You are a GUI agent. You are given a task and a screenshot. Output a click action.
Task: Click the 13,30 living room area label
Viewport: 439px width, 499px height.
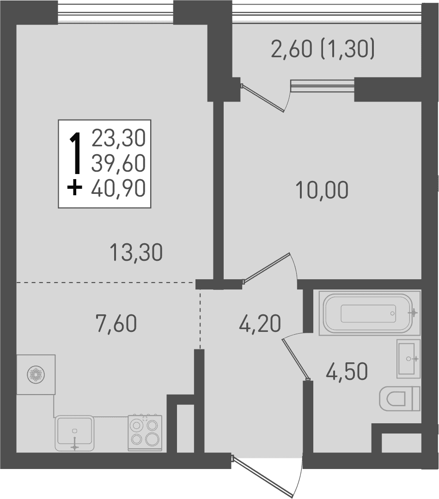[136, 253]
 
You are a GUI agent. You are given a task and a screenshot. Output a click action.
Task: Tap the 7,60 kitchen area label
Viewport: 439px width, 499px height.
[116, 323]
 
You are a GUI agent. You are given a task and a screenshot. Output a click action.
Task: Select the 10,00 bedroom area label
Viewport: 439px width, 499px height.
[322, 190]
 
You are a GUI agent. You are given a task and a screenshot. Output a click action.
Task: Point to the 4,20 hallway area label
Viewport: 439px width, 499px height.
[260, 323]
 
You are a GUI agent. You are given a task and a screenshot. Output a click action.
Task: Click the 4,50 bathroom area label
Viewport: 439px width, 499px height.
[347, 372]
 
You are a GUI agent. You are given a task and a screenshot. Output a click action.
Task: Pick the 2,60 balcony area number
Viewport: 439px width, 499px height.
[291, 50]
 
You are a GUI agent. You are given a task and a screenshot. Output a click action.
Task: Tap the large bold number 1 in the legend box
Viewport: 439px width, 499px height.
[75, 153]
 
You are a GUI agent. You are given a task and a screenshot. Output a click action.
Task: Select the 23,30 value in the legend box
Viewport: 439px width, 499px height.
[118, 138]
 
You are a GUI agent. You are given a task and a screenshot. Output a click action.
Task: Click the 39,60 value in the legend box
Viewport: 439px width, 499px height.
[118, 163]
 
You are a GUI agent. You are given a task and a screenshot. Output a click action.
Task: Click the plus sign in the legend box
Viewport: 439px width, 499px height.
[74, 188]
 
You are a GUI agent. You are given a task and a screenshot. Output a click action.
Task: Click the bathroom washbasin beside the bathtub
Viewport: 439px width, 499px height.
[408, 359]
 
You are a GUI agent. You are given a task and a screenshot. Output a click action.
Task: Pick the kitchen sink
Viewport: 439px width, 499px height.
[74, 433]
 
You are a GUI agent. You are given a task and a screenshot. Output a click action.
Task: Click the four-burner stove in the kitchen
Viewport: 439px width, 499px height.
[145, 433]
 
